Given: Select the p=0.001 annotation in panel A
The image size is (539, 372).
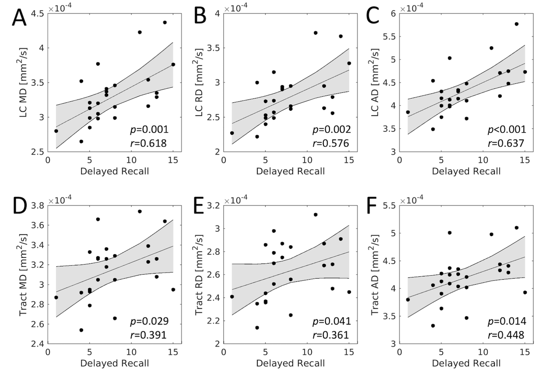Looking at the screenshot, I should click(149, 129).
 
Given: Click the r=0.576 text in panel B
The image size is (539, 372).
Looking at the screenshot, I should click(331, 143).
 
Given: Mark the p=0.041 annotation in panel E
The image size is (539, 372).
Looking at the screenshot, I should click(331, 321).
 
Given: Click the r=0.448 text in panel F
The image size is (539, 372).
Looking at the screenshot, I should click(506, 335).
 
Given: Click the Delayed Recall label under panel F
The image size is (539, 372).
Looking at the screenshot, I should click(466, 363).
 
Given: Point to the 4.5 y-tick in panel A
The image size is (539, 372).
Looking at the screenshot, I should click(38, 14).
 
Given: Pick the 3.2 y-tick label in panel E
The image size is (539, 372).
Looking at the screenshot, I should click(213, 206).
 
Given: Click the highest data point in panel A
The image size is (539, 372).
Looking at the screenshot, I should click(165, 22).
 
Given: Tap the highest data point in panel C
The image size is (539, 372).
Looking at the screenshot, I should click(516, 24).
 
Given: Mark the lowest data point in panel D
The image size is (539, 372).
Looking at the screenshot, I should click(81, 330).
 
